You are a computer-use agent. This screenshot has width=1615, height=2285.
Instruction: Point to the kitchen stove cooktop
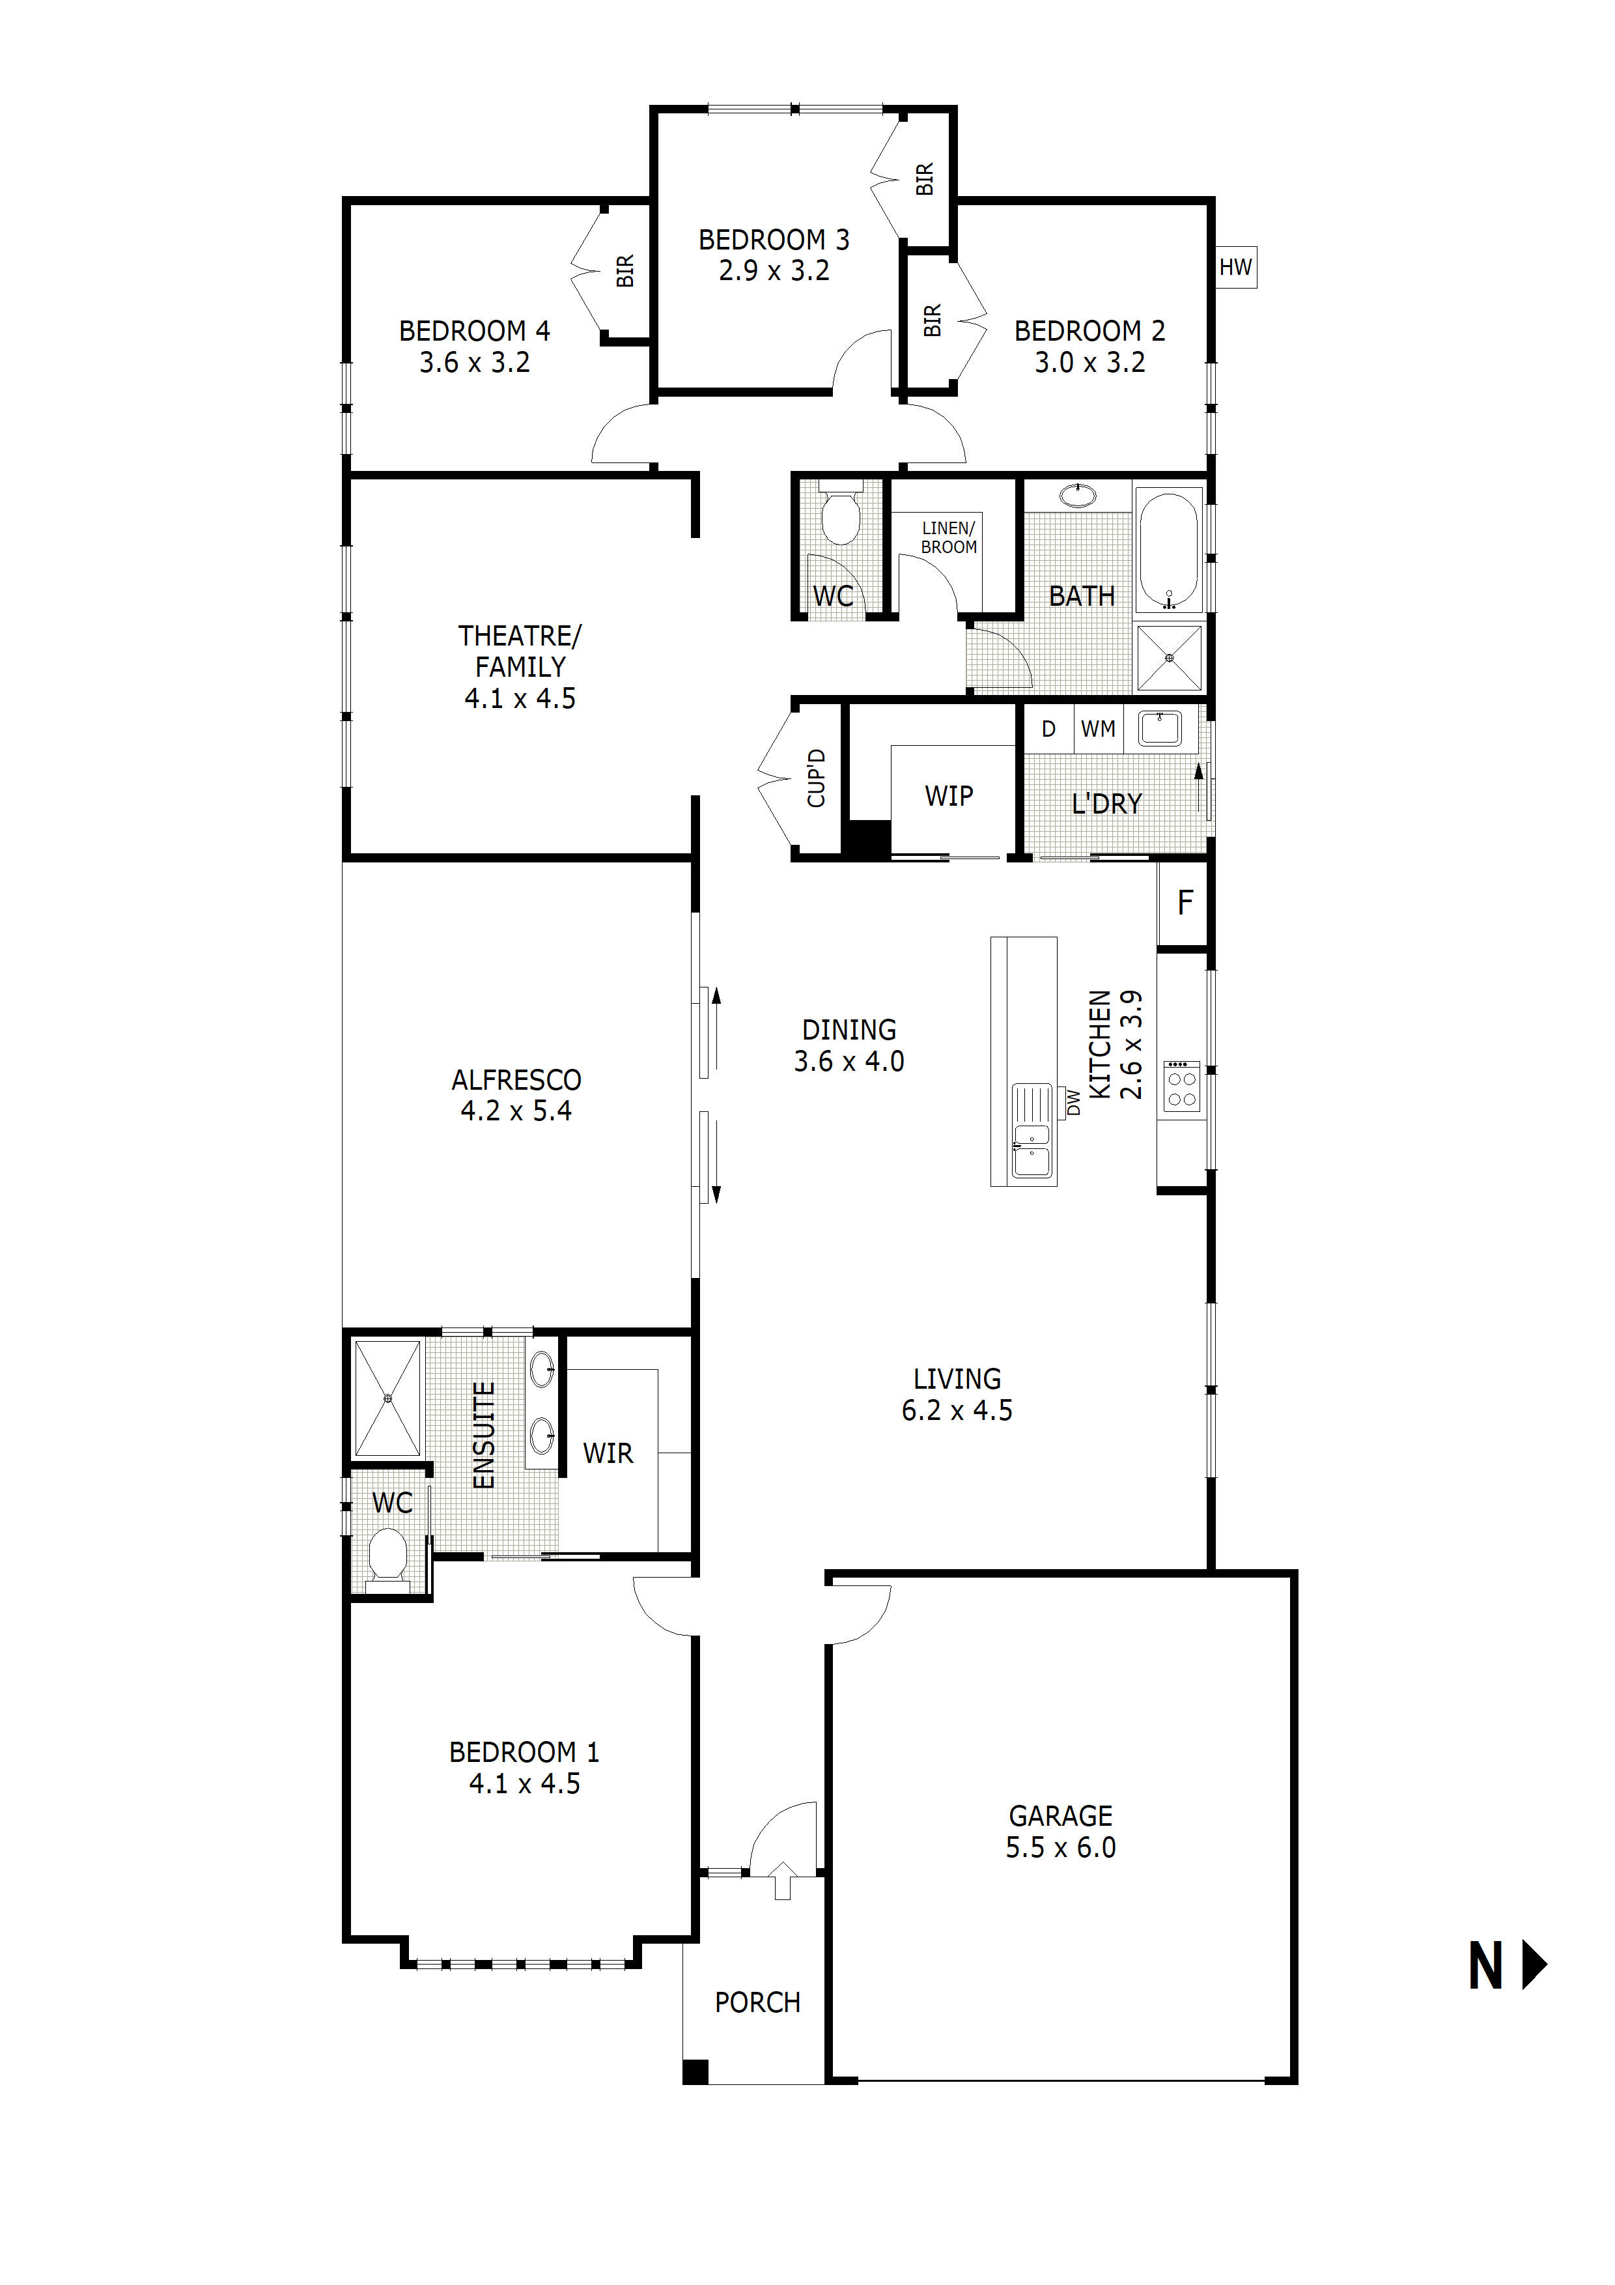coord(1181,1086)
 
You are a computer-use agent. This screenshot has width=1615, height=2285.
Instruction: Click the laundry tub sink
coord(1159,728)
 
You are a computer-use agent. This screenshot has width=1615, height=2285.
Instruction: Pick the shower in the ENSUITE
coord(388,1398)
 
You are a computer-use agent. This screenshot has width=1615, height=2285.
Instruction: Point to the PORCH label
coord(757,2002)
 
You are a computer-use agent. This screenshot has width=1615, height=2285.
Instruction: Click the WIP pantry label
coord(948,796)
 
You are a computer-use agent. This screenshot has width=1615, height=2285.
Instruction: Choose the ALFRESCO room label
coord(516,1080)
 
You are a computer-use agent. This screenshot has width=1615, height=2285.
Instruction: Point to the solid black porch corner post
coord(695,2072)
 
